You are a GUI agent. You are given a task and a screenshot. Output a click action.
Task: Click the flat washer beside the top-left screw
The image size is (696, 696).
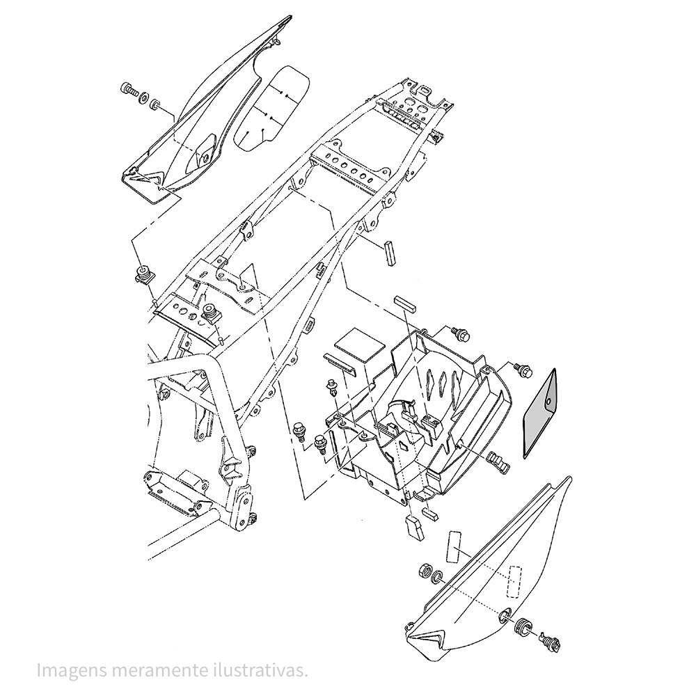(143, 97)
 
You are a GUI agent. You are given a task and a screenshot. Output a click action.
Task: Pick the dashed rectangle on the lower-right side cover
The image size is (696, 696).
(515, 580)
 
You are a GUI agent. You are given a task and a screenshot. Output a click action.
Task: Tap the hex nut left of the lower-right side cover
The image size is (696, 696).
(425, 571)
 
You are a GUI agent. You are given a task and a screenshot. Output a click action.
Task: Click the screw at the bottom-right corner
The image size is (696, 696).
(551, 640)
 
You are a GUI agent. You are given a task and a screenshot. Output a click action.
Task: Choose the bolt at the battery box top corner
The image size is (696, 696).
(459, 334)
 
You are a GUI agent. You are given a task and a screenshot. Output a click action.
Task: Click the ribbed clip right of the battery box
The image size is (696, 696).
(499, 461)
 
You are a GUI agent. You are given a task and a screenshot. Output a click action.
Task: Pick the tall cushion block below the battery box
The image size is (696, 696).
(414, 528)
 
